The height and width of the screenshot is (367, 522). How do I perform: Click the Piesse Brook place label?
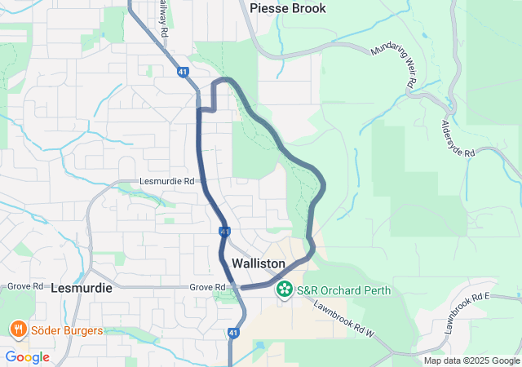click(x=288, y=8)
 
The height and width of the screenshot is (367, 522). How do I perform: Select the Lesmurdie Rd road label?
click(x=167, y=181)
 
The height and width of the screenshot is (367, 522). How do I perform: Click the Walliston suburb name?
click(x=259, y=264)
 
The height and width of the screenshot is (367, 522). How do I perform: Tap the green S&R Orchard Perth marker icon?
click(x=285, y=289)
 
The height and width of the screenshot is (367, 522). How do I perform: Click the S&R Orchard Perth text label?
click(x=343, y=290)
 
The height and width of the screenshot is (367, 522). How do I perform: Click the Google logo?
click(x=27, y=357)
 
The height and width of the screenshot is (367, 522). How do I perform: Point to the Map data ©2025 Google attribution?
click(x=471, y=360)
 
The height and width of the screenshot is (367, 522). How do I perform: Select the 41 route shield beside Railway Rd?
click(x=182, y=72)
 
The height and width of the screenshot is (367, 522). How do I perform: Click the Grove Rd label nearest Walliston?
click(x=206, y=287)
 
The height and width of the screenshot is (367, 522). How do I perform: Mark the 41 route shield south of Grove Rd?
click(x=233, y=333)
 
